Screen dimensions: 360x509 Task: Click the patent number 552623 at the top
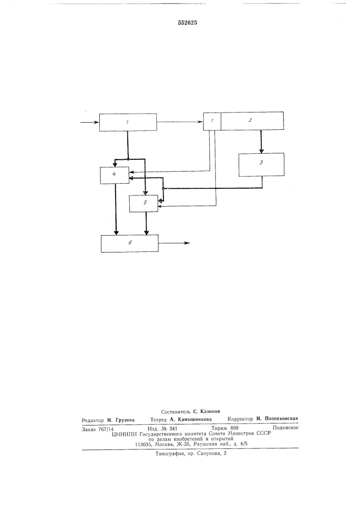point(187,23)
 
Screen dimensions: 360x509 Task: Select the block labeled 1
point(128,122)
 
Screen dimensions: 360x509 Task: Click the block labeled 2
point(252,121)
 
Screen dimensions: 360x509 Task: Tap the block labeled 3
point(261,164)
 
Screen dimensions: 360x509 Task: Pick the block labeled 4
point(115,175)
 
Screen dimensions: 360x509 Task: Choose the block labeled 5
point(144,204)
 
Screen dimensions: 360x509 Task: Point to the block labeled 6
point(129,243)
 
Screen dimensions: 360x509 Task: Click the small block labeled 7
point(212,121)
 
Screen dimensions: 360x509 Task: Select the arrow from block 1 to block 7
point(180,122)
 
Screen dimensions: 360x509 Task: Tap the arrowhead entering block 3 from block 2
point(262,151)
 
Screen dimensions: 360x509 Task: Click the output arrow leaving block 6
point(174,243)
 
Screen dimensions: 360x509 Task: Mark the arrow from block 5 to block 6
point(146,223)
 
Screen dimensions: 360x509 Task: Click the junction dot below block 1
point(128,159)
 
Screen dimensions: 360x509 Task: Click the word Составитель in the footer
point(175,411)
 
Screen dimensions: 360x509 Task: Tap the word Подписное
point(285,428)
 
